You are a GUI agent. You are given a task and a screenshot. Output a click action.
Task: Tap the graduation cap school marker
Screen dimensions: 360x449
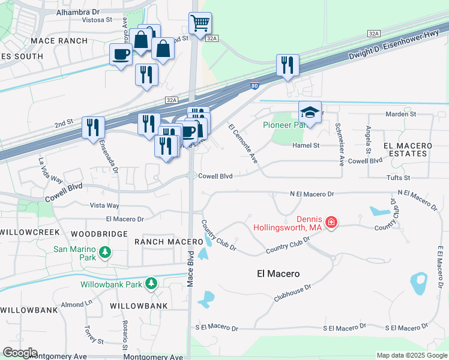point(310,112)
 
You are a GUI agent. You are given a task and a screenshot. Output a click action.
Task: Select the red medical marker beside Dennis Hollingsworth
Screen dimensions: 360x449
point(331,224)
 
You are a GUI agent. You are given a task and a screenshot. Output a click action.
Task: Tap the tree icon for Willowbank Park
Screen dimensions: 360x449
point(151,283)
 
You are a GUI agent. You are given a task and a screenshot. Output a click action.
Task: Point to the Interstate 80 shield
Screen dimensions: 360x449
point(255,85)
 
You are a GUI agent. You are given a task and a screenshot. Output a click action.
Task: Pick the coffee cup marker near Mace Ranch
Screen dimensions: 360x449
point(121,55)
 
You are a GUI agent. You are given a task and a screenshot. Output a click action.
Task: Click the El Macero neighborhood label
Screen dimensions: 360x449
point(278,274)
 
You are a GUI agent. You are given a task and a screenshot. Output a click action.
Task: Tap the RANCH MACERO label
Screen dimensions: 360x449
point(169,241)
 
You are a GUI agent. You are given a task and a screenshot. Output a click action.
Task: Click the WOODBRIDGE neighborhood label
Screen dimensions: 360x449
point(99,233)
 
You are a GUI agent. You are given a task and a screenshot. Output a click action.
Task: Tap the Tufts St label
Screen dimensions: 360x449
point(398,178)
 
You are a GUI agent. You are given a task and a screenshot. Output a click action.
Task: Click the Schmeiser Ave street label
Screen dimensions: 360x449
point(339,144)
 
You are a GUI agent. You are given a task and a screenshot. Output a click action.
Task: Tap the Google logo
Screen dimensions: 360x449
point(20,353)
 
